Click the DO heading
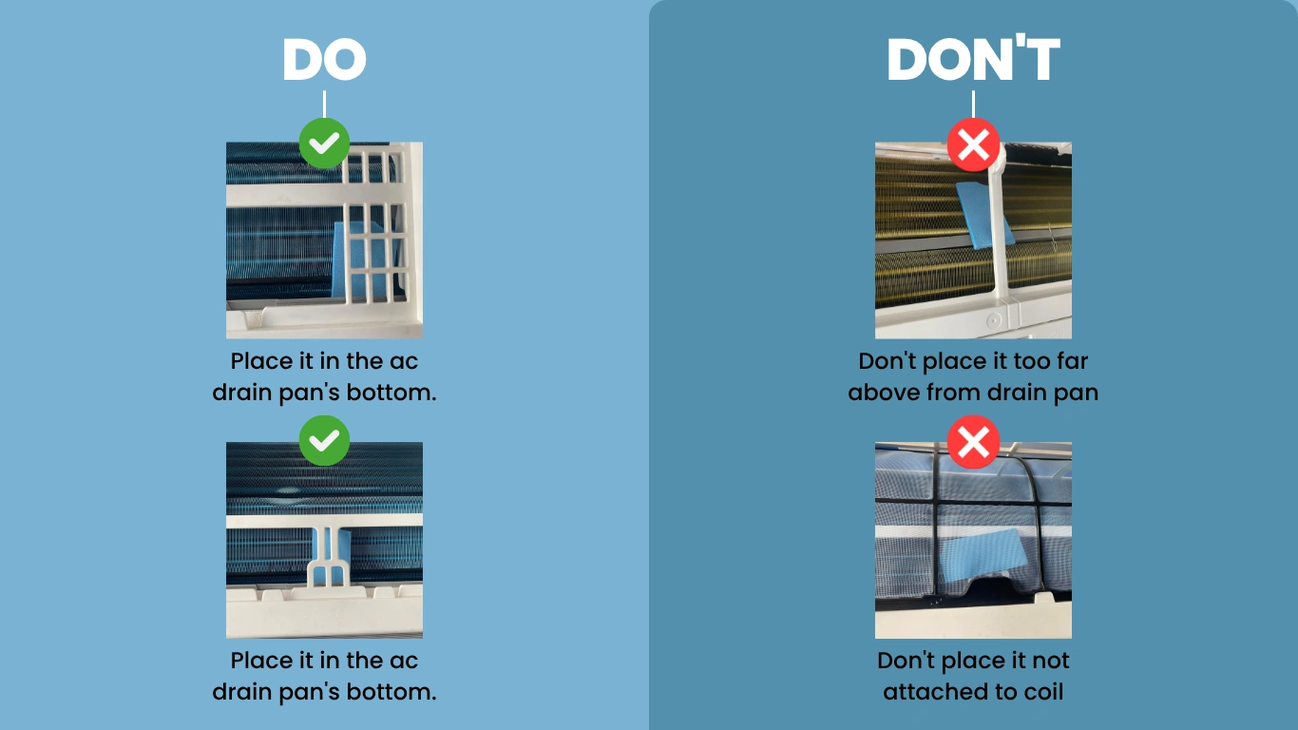tap(325, 59)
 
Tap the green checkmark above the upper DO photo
tap(325, 144)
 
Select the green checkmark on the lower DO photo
tap(325, 441)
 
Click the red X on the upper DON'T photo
tap(973, 145)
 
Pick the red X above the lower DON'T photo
tap(973, 442)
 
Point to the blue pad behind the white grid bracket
tap(365, 259)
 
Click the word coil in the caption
tap(1043, 692)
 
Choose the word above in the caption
tap(883, 393)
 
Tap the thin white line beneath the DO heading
tap(325, 105)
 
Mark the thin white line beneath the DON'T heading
tap(973, 105)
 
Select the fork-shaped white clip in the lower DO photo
tap(328, 557)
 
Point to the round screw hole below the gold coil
tap(993, 320)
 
